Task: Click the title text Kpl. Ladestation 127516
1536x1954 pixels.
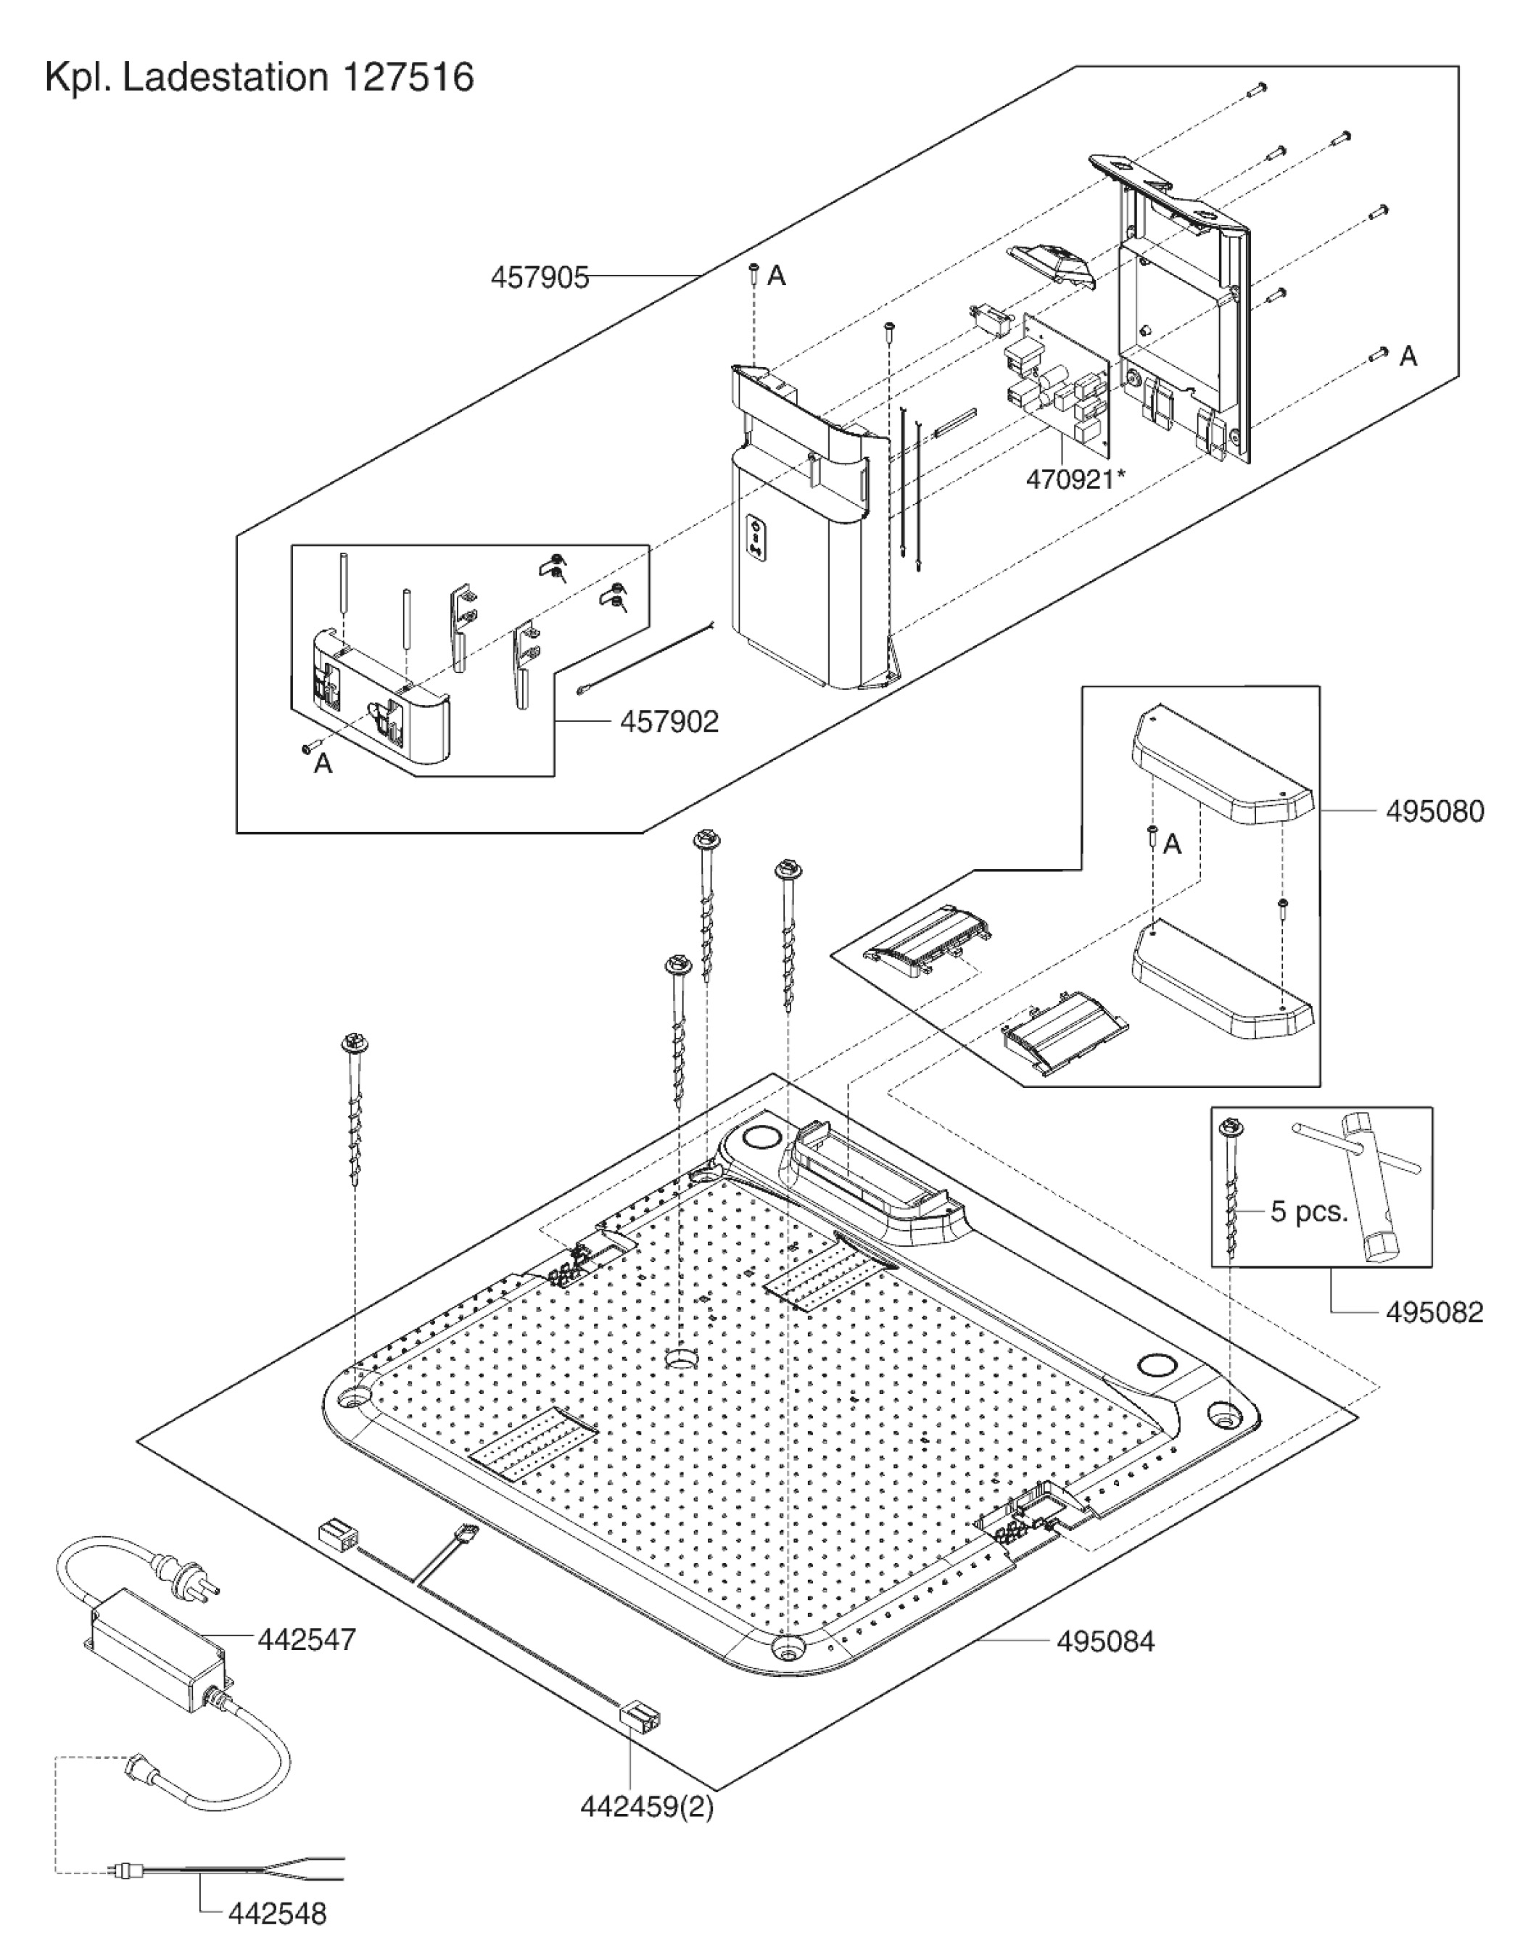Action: pyautogui.click(x=259, y=78)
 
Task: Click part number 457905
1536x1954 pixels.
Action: pyautogui.click(x=539, y=277)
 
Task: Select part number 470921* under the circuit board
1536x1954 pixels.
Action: pyautogui.click(x=1075, y=479)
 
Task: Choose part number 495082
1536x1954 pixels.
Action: pyautogui.click(x=1434, y=1312)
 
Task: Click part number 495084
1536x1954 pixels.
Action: pyautogui.click(x=1105, y=1641)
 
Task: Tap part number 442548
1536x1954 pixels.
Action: pyautogui.click(x=277, y=1913)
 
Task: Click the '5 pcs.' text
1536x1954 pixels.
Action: pyautogui.click(x=1308, y=1211)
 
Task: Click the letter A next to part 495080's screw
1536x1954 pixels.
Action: pyautogui.click(x=1172, y=844)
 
